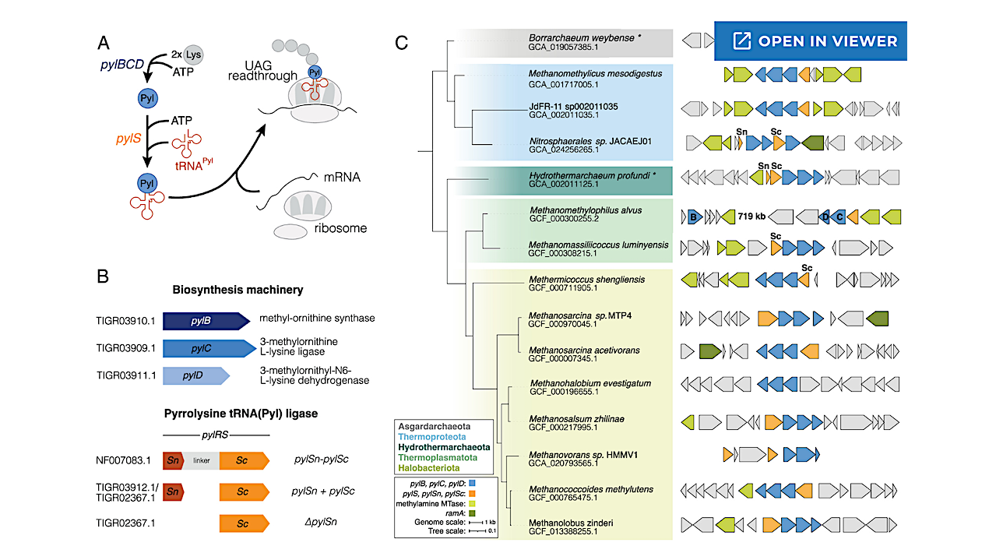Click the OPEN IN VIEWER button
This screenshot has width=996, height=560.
coord(811,41)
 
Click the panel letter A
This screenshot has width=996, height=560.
coord(104,41)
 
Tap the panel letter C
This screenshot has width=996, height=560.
coord(402,42)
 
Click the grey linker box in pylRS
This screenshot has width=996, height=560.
coord(202,461)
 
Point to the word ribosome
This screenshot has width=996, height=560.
coord(341,228)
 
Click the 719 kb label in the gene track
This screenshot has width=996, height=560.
coord(751,217)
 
